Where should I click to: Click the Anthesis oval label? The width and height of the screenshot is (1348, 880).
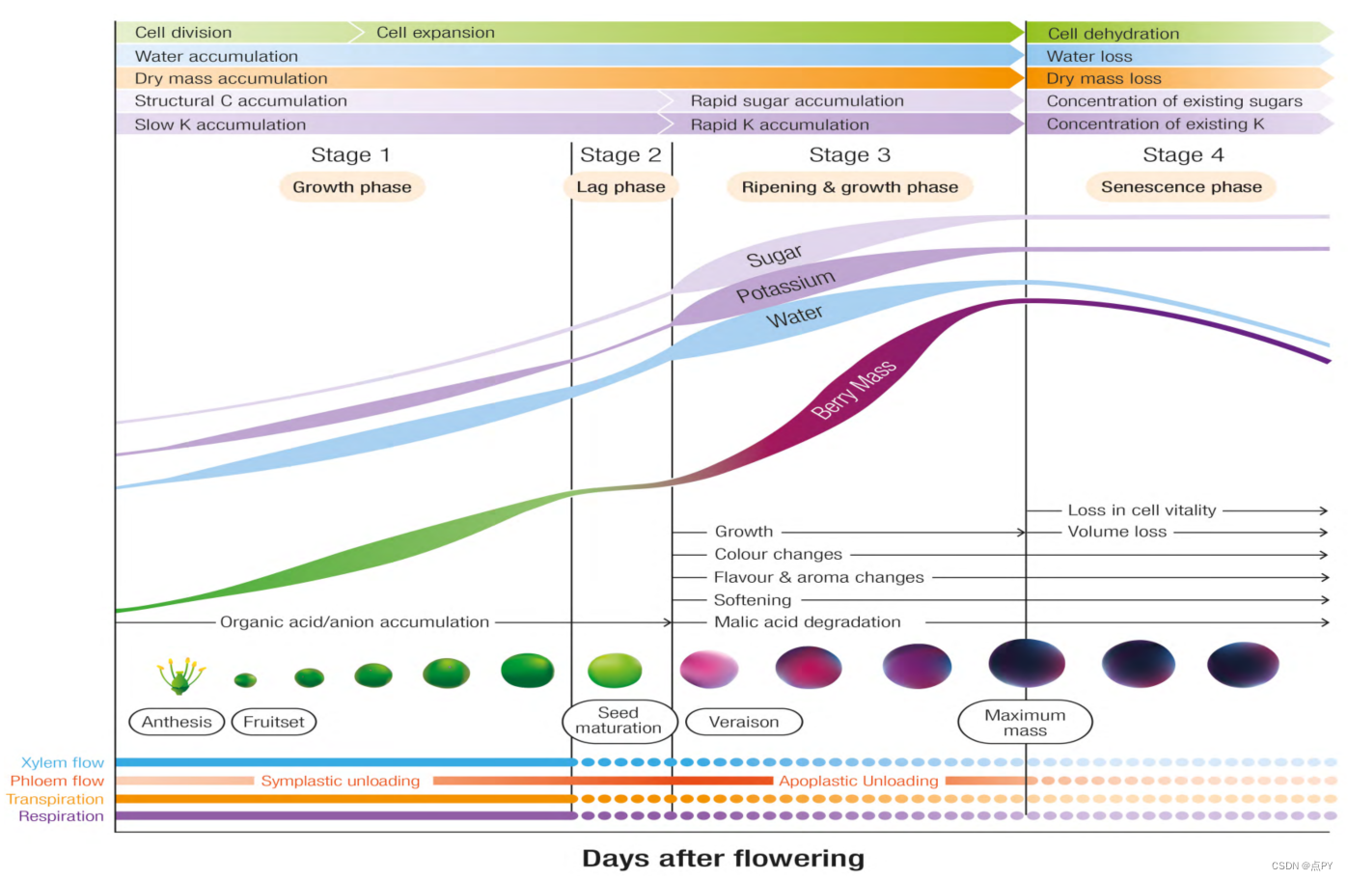coord(177,722)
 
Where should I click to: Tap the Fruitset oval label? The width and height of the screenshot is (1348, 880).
coord(274,722)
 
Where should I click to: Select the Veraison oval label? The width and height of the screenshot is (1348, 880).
coord(744,722)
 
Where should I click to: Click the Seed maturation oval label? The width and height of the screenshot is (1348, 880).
coord(619,721)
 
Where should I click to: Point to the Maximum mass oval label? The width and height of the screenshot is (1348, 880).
coord(1025,723)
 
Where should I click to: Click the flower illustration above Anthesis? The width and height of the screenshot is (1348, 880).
coord(180,675)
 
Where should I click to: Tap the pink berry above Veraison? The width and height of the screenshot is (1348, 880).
coord(709,669)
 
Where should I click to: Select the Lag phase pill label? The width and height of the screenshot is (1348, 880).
coord(621,187)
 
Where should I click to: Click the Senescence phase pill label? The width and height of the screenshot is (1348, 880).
coord(1181,186)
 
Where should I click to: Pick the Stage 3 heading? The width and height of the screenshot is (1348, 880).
coord(849,154)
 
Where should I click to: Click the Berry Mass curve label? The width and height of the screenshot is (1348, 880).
coord(854,390)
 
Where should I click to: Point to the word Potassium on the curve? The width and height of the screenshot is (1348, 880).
coord(786,286)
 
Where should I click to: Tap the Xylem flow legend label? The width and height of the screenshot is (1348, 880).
coord(63,762)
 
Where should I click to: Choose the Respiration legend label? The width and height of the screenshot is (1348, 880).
coord(62,816)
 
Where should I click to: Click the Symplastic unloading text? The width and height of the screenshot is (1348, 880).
coord(341,781)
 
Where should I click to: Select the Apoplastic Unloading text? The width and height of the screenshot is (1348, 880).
coord(859,781)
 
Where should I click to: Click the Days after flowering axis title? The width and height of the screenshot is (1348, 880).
coord(724,859)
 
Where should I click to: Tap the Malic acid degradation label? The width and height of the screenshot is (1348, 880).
coord(808,621)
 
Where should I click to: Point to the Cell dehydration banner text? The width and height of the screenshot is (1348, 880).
coord(1114,33)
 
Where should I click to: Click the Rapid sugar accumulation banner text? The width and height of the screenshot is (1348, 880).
coord(797,100)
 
